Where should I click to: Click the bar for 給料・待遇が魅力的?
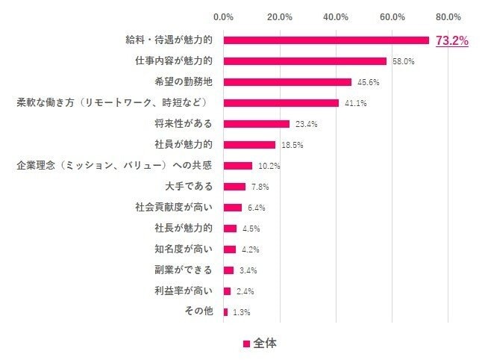[326, 40]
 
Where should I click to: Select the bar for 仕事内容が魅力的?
[304, 61]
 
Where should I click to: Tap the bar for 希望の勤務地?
[287, 82]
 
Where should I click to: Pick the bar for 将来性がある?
[256, 124]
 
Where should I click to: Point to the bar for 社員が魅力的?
[249, 145]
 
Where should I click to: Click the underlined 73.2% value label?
[451, 41]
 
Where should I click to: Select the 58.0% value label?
[403, 61]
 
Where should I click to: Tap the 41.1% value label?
[355, 103]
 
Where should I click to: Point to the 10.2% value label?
[269, 166]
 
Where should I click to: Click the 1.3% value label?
[241, 311]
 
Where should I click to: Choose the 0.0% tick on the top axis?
[223, 16]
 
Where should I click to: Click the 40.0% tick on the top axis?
[336, 16]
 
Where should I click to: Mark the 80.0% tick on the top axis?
[448, 16]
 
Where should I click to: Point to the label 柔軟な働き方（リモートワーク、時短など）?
[111, 102]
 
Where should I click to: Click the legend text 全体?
[265, 344]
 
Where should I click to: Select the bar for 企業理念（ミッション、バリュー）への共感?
[237, 166]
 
